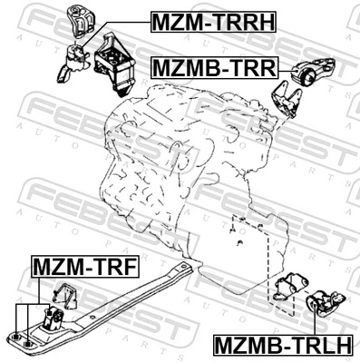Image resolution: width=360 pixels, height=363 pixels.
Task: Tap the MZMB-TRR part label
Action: (x=218, y=67)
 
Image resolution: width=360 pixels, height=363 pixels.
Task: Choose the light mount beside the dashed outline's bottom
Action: (x=287, y=290)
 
